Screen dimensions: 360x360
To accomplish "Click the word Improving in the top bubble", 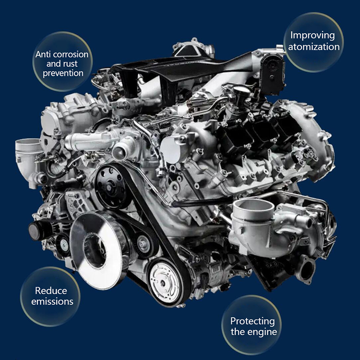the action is pos(312,36).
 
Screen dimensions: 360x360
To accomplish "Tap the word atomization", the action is pos(314,47).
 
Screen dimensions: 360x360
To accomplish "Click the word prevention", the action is pos(63,73).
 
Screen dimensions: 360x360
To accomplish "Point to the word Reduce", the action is pos(51,291).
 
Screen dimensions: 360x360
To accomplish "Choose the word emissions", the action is pos(52,301).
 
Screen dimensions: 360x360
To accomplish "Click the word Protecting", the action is pos(252,321).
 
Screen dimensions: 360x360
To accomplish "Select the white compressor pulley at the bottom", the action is pos(164,283).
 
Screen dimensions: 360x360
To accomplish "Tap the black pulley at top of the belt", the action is pos(110,188).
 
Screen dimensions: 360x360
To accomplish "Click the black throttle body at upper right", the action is pos(273,74).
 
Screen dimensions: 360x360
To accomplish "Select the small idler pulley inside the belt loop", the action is pos(144,244).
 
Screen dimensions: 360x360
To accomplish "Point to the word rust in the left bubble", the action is pos(72,64).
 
